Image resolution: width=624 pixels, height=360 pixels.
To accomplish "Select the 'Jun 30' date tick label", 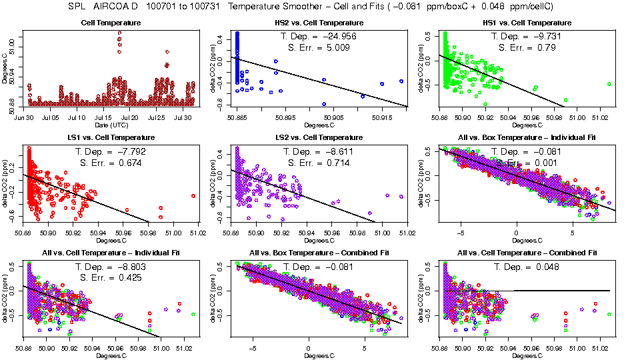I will pyautogui.click(x=25, y=117).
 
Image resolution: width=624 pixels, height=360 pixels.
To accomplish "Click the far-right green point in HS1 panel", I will pyautogui.click(x=609, y=84).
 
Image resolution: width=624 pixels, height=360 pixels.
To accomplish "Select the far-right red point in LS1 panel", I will pyautogui.click(x=193, y=196).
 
